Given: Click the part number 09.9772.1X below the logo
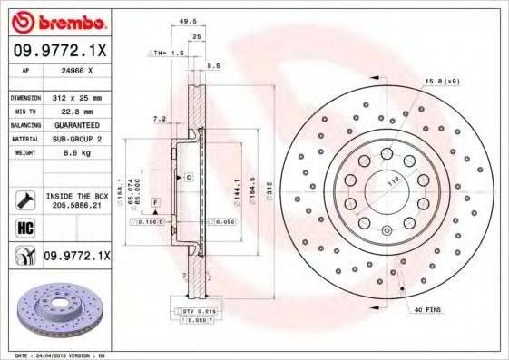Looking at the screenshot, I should (60, 53).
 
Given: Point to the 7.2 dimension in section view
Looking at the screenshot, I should (160, 118).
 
